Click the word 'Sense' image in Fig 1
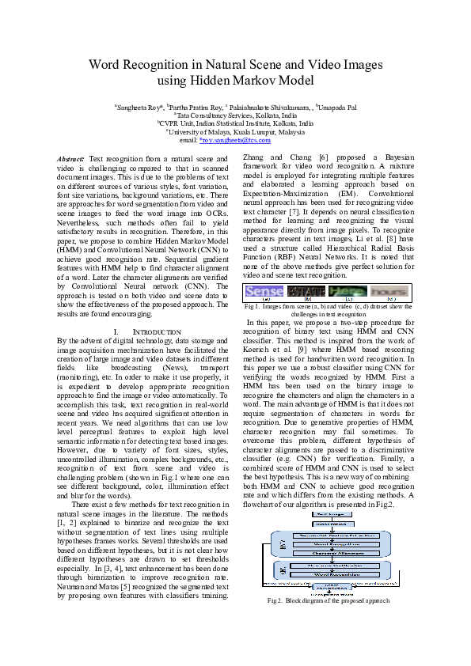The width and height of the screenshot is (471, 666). point(264,291)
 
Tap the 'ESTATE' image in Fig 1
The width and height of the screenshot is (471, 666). point(305,291)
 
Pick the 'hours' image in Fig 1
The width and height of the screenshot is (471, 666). point(392,291)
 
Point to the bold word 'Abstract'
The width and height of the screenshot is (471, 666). point(71,160)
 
